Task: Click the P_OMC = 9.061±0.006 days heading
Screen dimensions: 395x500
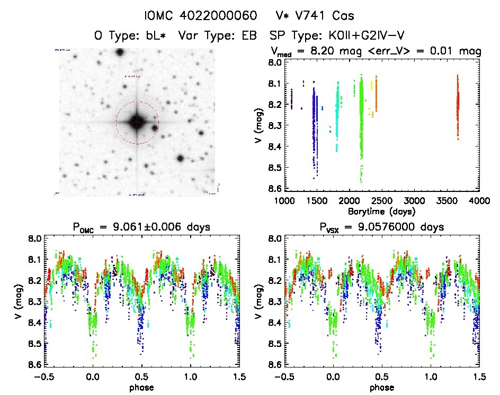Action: tap(141, 227)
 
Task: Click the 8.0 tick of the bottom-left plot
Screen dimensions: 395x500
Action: tap(35, 238)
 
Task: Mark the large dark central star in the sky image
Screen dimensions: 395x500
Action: tap(137, 122)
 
